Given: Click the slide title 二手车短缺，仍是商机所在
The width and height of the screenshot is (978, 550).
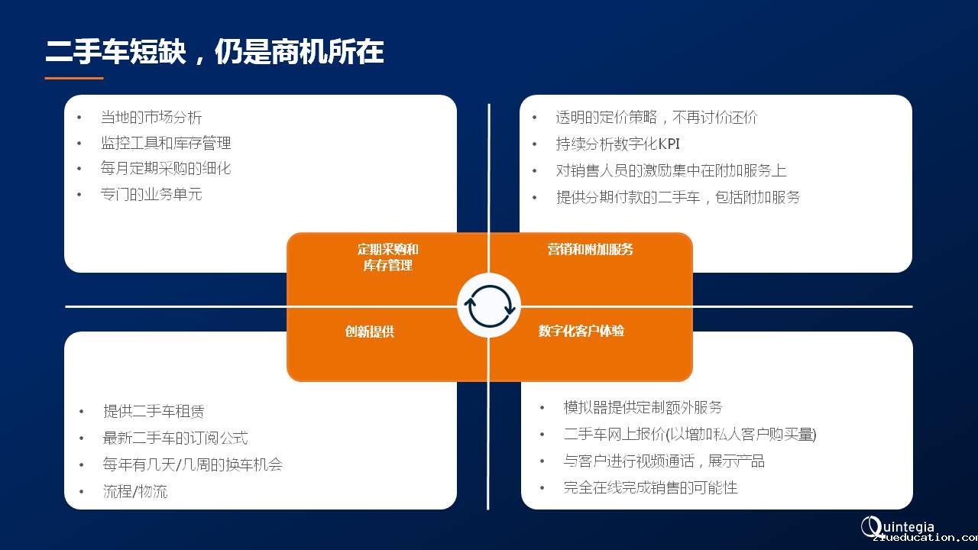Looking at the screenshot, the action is (x=215, y=51).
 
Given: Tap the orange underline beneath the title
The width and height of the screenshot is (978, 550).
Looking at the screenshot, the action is (x=74, y=78).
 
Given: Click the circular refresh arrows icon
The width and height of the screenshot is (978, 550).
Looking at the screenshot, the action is (x=490, y=306).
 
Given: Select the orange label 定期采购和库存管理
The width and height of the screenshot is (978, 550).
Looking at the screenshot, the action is (x=387, y=257).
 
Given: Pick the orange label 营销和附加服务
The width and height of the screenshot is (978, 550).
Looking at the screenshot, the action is (x=590, y=249).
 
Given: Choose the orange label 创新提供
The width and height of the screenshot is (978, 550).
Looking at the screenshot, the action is (x=370, y=332).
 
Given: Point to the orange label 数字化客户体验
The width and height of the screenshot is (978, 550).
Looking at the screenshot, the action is (x=581, y=331).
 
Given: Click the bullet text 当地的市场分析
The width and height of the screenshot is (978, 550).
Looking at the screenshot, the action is (x=151, y=117).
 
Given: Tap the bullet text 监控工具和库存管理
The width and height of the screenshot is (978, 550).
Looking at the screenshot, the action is (x=166, y=143).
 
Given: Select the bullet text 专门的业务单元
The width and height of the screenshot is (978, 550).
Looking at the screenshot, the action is (x=151, y=194).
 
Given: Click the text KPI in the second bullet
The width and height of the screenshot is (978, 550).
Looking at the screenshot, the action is (x=669, y=144).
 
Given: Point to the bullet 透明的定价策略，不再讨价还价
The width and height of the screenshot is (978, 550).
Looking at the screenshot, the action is (x=656, y=117).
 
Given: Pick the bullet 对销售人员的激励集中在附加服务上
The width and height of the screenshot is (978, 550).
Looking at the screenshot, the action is (x=671, y=170).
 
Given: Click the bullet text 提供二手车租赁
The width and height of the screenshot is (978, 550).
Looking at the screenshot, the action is (x=154, y=411).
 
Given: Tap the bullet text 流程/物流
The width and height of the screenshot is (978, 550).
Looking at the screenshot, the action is (x=135, y=491).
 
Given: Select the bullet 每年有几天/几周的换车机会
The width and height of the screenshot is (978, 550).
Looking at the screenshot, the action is (x=193, y=464).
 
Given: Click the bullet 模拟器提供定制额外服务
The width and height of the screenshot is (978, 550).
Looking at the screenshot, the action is (x=643, y=407).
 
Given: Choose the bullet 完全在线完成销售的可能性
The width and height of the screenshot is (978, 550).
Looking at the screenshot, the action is (x=650, y=487).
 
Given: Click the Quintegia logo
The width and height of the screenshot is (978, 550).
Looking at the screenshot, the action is (x=898, y=527).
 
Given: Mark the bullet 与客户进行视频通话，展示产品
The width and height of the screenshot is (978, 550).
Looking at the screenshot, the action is (x=664, y=461).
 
